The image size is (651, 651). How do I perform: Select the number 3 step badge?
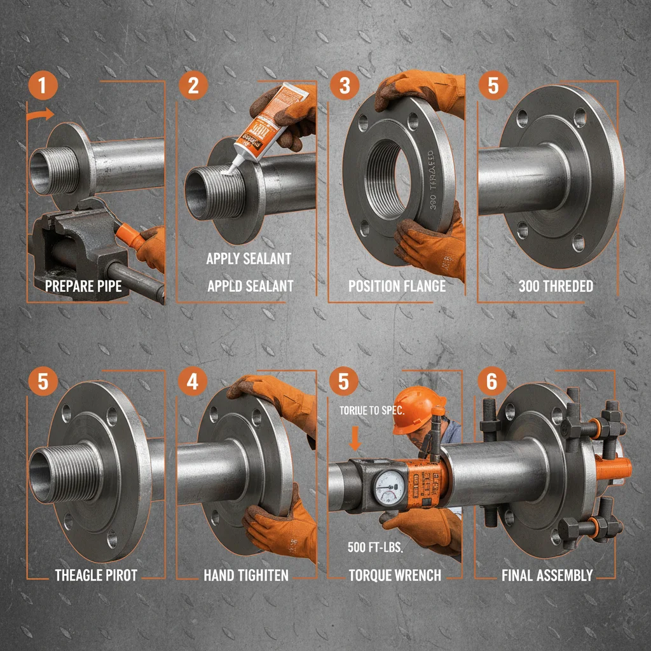pyautogui.click(x=345, y=86)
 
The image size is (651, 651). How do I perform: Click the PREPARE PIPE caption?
pyautogui.click(x=83, y=286)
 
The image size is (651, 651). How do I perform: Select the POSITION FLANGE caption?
pyautogui.click(x=397, y=286)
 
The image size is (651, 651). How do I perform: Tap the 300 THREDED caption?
pyautogui.click(x=547, y=286)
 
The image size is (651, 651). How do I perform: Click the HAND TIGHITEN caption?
pyautogui.click(x=246, y=575)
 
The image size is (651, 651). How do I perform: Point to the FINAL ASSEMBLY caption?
pyautogui.click(x=547, y=575)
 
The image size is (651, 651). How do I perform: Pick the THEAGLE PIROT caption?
pyautogui.click(x=96, y=575)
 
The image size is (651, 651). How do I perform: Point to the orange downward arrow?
pyautogui.click(x=355, y=438)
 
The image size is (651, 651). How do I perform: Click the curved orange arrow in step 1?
pyautogui.click(x=41, y=115)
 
